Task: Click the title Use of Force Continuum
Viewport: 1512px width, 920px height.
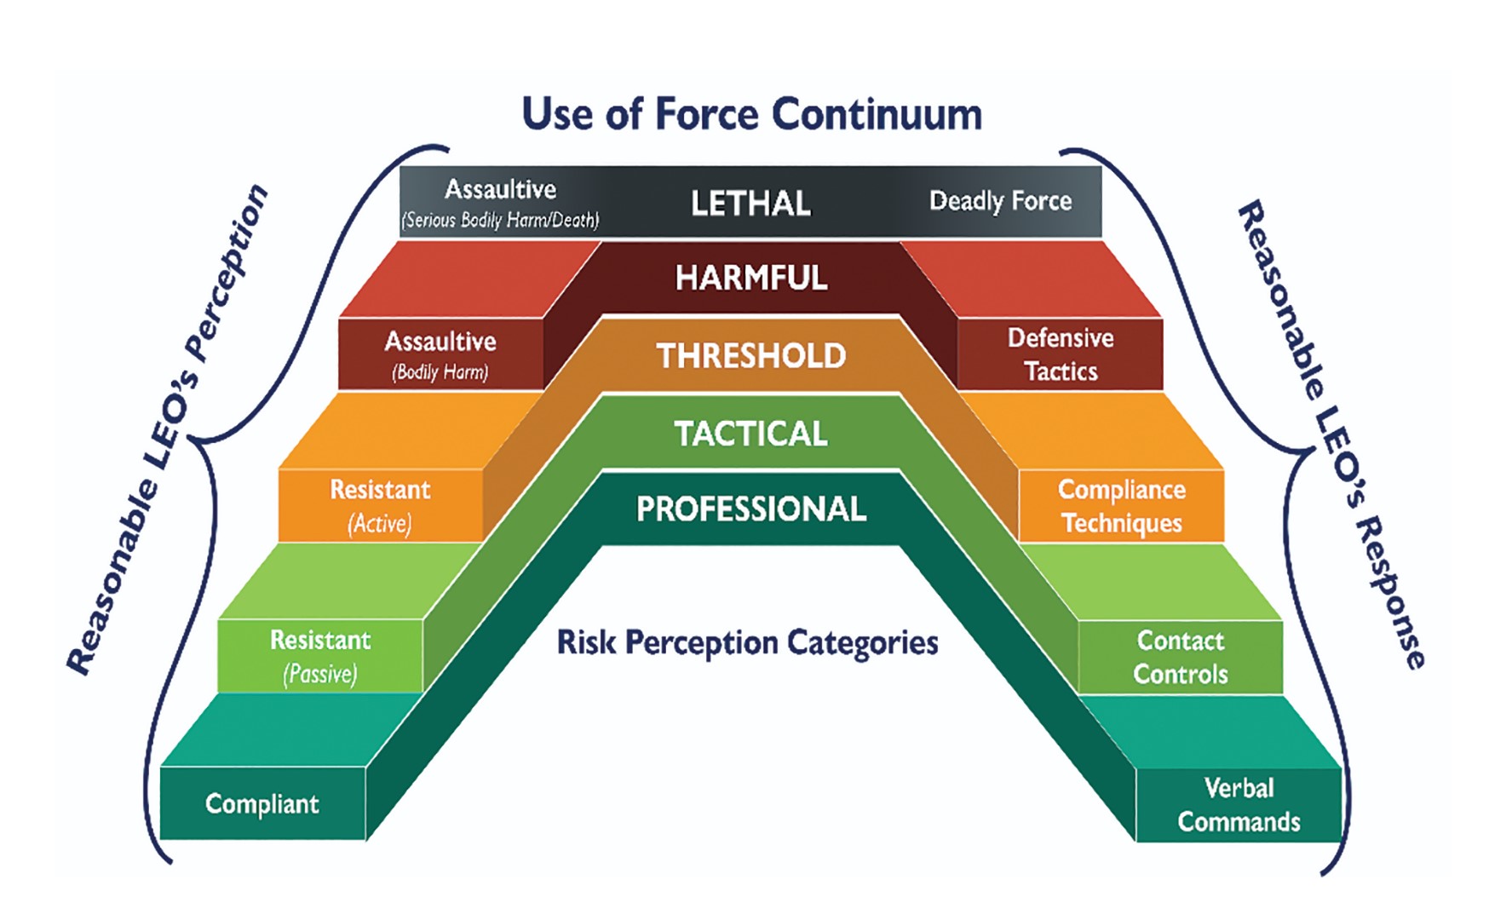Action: click(x=751, y=115)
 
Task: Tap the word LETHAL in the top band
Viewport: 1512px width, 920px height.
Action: click(x=750, y=204)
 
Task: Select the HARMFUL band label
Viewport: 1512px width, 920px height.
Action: click(x=750, y=278)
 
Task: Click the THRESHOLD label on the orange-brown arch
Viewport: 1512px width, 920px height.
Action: click(x=750, y=356)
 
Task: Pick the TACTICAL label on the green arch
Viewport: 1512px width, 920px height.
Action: click(x=750, y=434)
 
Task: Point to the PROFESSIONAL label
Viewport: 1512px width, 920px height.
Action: click(x=750, y=509)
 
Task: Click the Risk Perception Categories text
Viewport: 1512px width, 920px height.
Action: click(x=747, y=642)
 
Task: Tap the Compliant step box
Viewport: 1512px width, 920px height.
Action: click(x=262, y=804)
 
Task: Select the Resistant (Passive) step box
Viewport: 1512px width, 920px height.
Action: click(x=320, y=656)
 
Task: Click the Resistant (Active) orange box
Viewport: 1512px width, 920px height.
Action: click(x=380, y=505)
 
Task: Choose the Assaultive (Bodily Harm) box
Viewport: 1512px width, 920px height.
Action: click(x=440, y=354)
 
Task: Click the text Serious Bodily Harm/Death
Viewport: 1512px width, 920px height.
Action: click(x=501, y=221)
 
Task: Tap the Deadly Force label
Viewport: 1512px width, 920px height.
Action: click(x=1000, y=201)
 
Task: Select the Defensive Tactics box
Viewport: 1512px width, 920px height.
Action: click(x=1061, y=354)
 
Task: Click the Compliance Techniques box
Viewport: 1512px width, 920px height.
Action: click(x=1121, y=505)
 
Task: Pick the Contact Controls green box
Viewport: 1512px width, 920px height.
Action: click(x=1180, y=657)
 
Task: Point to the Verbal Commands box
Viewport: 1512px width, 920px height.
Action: click(x=1239, y=804)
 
